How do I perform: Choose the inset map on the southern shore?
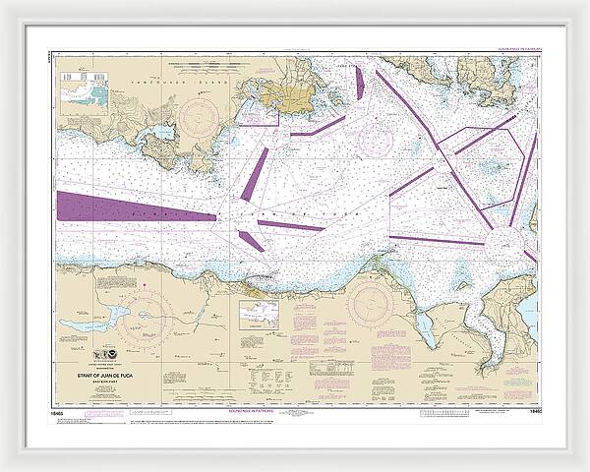(259, 314)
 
